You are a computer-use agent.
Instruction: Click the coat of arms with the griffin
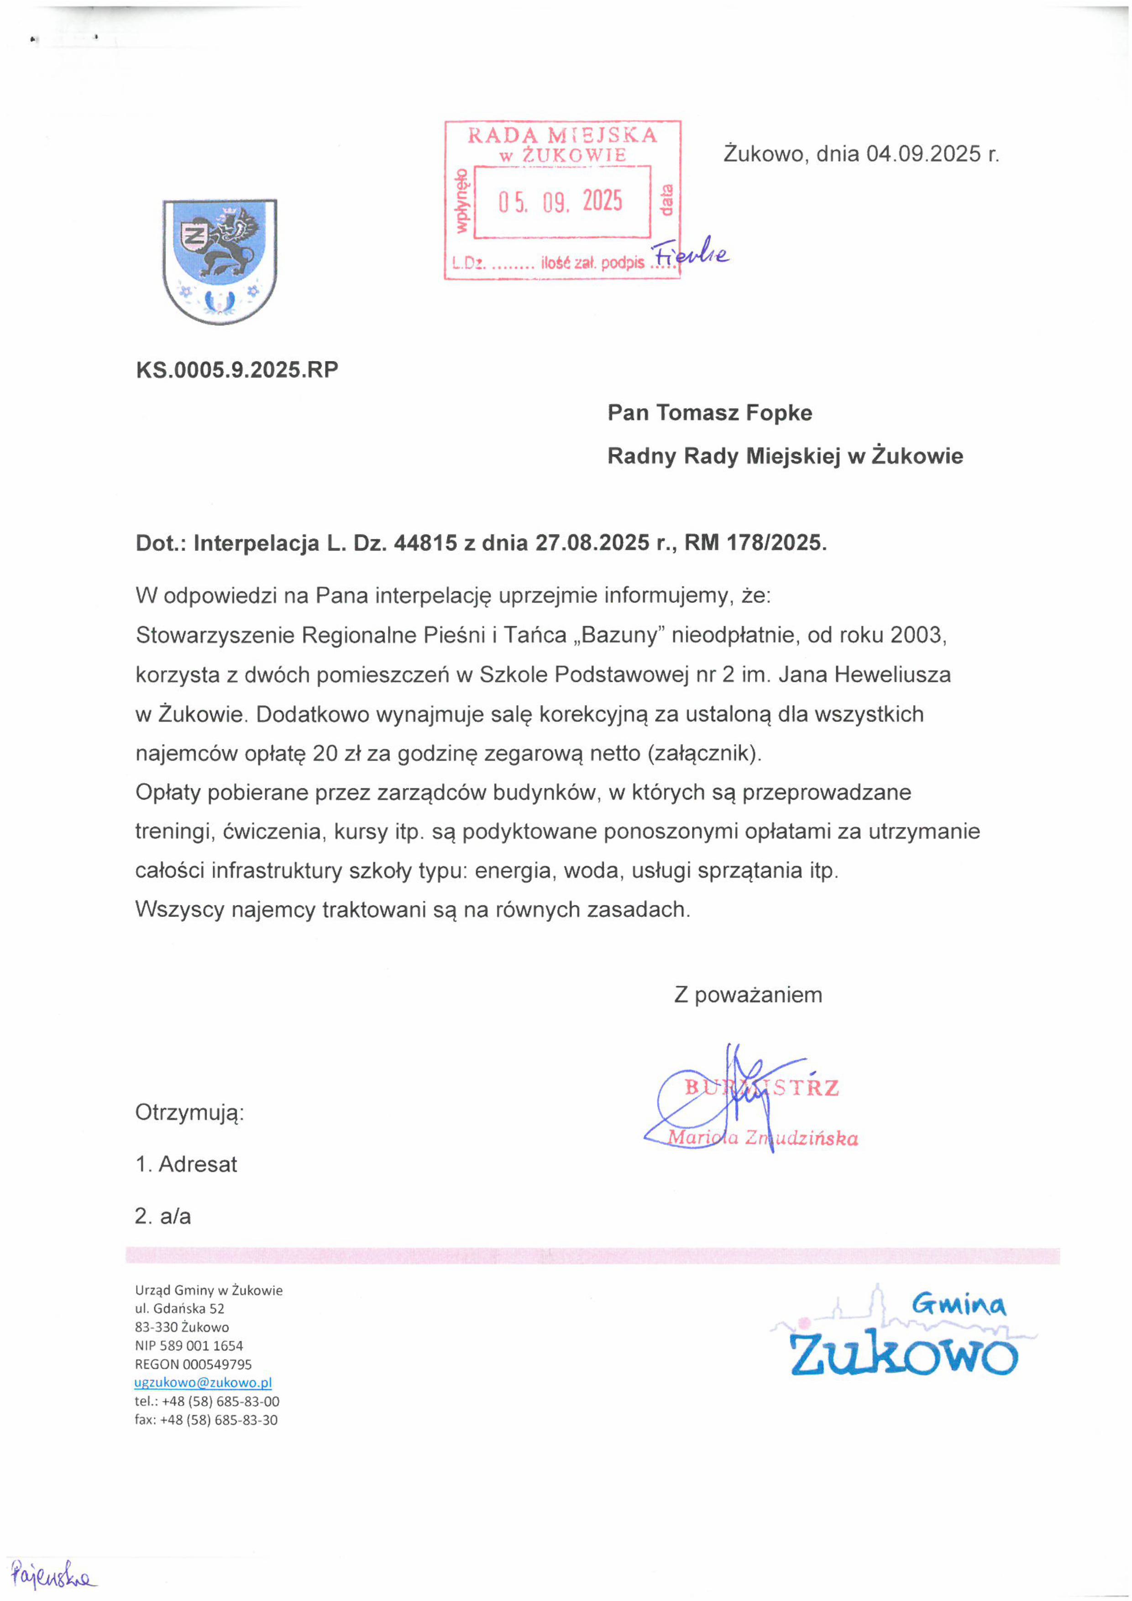(x=220, y=262)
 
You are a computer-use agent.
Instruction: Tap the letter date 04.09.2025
(x=923, y=153)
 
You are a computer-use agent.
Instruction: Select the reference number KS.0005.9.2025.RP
(x=237, y=370)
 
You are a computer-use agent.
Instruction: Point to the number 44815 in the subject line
(x=425, y=543)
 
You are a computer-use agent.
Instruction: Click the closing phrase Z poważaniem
(x=748, y=994)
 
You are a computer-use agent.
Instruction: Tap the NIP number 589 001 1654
(x=202, y=1346)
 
